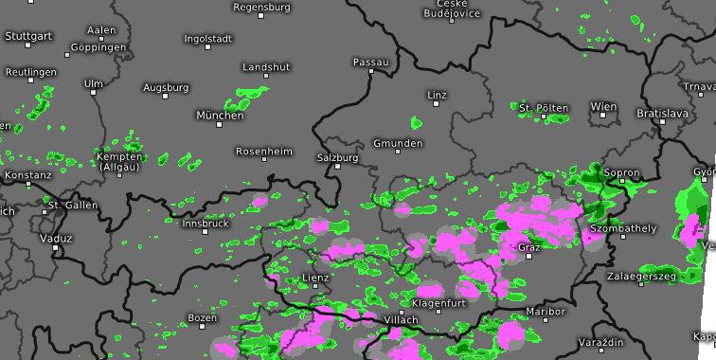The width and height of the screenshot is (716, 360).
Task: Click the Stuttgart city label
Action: [x=28, y=35]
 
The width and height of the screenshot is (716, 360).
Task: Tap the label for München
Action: [x=220, y=116]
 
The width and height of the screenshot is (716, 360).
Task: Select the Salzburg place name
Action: [x=338, y=157]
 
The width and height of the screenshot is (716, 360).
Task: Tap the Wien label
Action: [x=602, y=106]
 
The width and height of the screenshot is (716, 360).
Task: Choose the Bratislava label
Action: [x=662, y=113]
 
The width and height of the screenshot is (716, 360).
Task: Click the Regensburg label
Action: [x=260, y=7]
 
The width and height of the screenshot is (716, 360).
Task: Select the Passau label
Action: [x=370, y=62]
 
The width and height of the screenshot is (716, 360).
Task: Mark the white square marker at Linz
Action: [x=437, y=104]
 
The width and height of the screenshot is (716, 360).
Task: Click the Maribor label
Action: [x=545, y=311]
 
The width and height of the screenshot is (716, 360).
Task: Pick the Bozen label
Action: [x=202, y=317]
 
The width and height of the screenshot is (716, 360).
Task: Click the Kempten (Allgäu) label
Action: [x=118, y=161]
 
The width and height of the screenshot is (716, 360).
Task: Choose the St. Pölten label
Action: [x=544, y=108]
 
